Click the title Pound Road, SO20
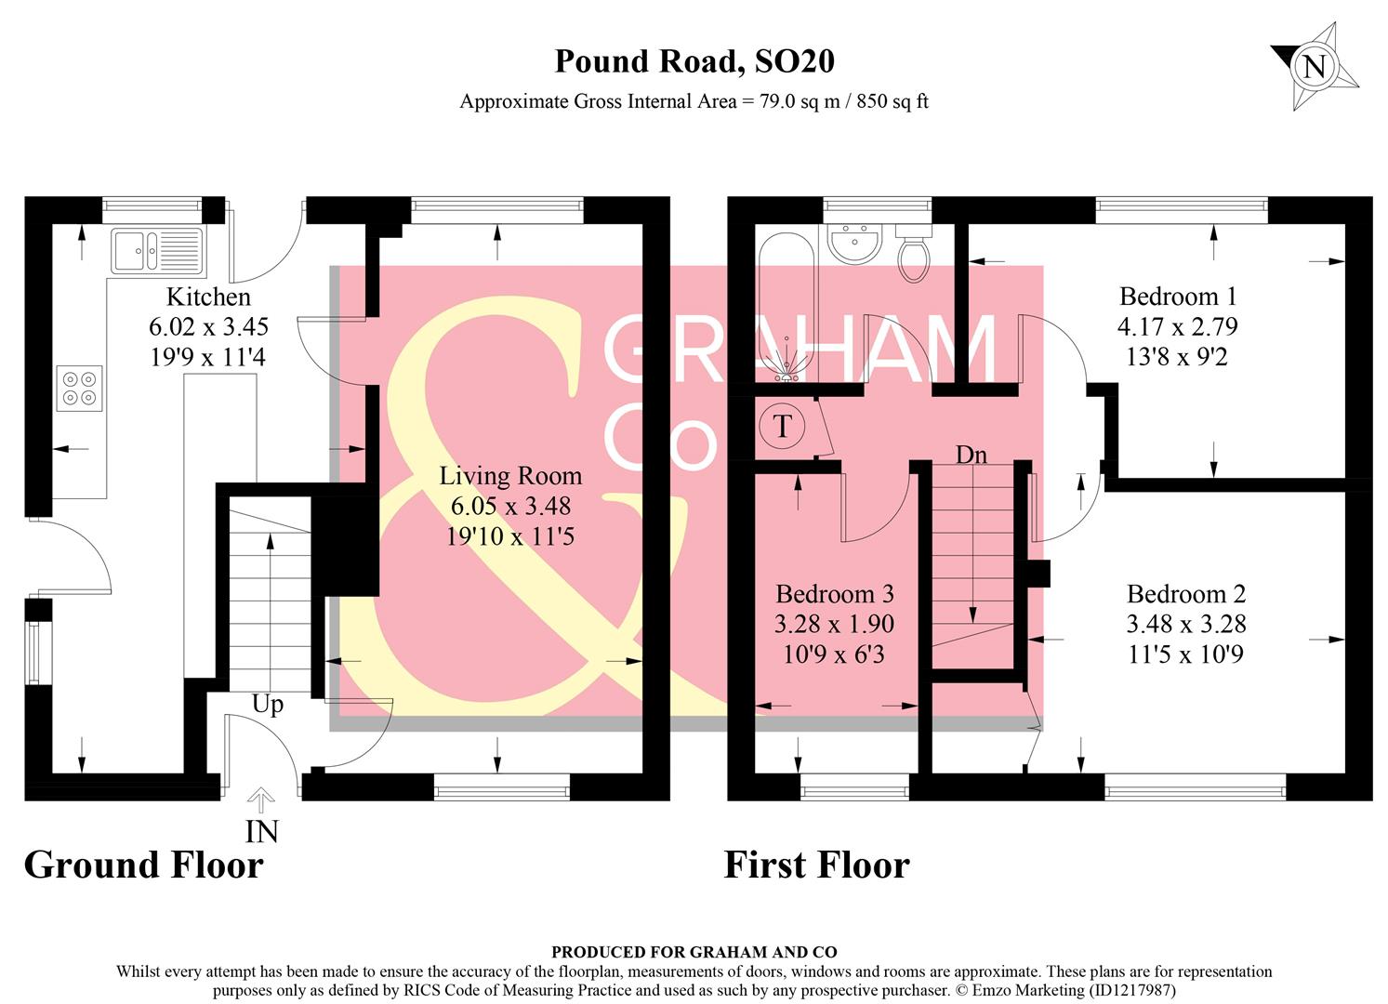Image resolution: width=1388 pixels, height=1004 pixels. click(694, 61)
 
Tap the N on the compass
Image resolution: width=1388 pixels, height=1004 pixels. click(1314, 67)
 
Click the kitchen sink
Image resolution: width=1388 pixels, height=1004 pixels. click(157, 249)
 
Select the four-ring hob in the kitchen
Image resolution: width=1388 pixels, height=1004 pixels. click(79, 388)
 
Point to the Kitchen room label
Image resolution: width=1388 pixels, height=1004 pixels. click(208, 297)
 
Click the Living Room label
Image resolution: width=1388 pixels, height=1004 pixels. click(510, 476)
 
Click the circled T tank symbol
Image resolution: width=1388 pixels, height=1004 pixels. click(782, 427)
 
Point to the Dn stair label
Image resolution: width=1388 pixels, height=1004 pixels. click(971, 455)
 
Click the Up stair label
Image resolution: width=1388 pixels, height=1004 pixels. click(268, 705)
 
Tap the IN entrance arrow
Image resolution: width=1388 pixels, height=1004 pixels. click(261, 800)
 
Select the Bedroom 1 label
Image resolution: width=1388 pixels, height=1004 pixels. click(1178, 297)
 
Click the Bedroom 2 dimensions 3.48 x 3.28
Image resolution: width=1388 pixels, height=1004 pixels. click(1185, 624)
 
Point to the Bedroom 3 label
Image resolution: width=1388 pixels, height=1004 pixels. click(834, 594)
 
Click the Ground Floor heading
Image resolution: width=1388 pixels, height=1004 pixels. click(144, 865)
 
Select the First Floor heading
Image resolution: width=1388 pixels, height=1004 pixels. click(816, 865)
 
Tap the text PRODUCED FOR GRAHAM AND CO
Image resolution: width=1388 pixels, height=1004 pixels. click(694, 952)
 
